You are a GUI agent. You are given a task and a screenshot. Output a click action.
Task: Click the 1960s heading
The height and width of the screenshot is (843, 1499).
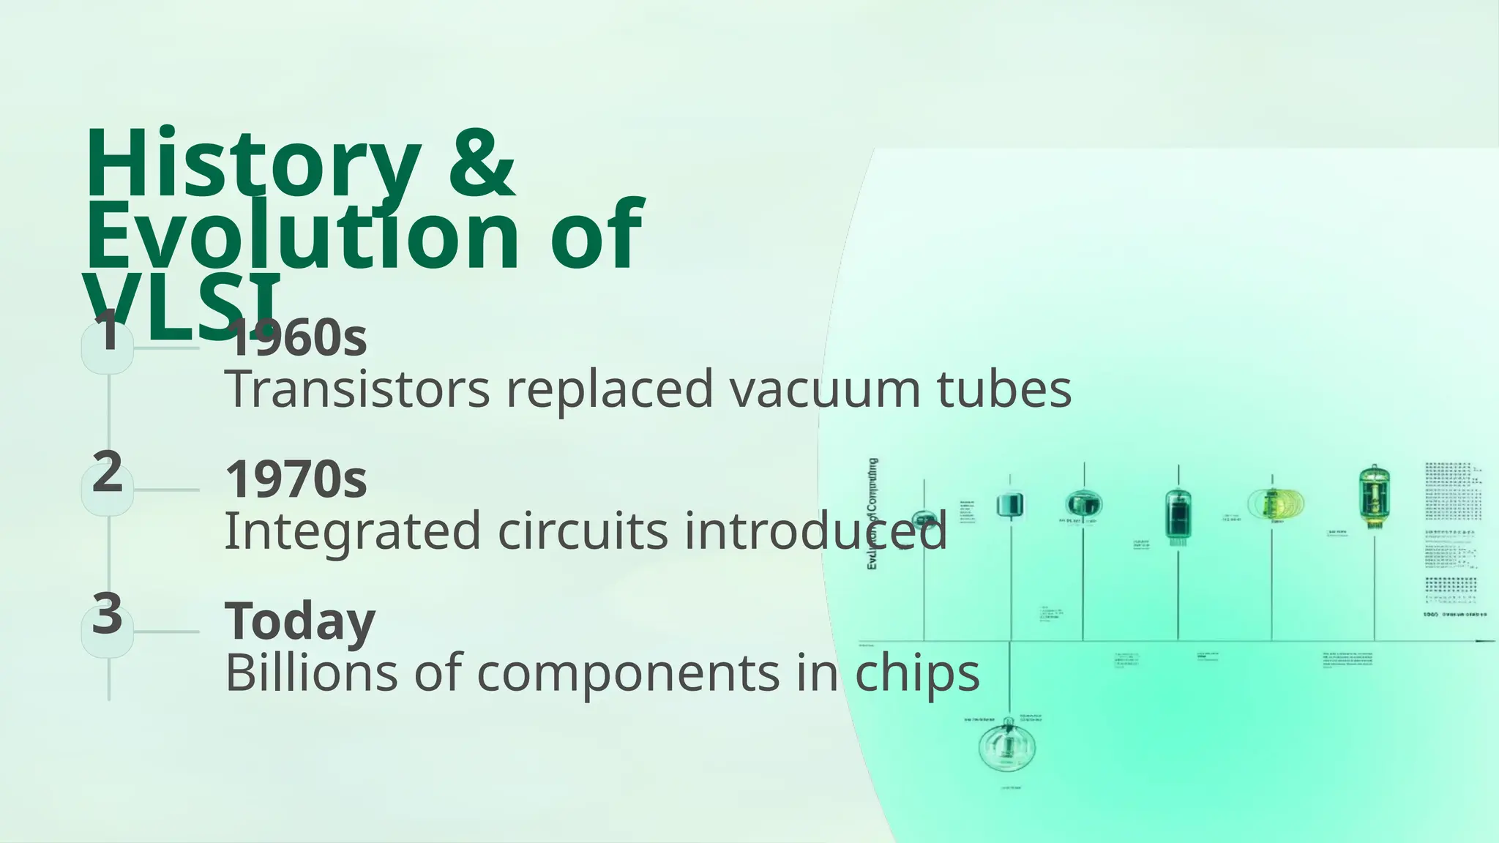point(296,338)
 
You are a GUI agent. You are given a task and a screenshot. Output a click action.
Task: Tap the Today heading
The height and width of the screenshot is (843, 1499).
point(299,621)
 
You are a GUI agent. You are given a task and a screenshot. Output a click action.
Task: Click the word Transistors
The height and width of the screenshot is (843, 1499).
point(357,389)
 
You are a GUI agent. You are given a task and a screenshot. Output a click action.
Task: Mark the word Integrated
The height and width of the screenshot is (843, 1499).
point(352,531)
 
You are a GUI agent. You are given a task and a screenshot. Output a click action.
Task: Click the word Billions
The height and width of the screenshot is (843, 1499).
point(311,672)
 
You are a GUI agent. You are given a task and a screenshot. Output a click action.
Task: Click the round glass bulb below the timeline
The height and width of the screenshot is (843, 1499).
point(1007,746)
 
